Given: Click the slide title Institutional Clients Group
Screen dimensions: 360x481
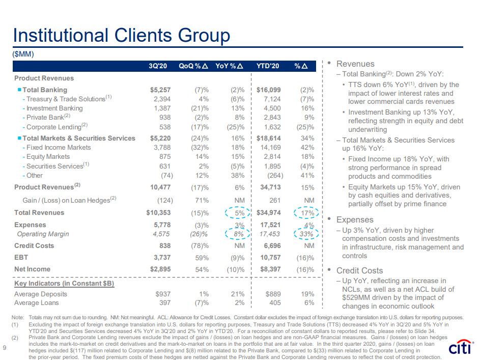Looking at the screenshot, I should click(x=122, y=35).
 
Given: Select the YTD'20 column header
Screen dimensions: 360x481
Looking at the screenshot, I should click(x=268, y=66).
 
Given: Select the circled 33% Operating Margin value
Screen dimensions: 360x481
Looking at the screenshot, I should click(x=305, y=234).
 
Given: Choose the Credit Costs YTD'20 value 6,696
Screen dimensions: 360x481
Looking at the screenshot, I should click(x=270, y=246).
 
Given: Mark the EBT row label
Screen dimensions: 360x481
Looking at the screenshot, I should click(x=21, y=258).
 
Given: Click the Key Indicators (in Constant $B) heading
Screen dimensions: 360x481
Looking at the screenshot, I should click(x=64, y=283).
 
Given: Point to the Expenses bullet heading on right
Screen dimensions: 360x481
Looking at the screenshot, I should click(x=355, y=219).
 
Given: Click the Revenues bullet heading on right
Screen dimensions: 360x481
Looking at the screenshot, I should click(x=355, y=64).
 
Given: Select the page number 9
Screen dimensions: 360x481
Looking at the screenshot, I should click(x=5, y=348).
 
